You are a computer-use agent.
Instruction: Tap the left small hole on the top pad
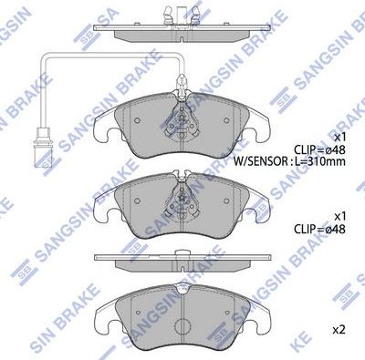137,118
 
